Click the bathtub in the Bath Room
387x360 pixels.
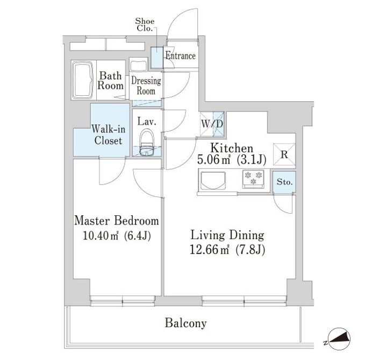click(83, 80)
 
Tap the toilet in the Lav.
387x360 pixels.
click(147, 143)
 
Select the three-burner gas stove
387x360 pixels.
click(253, 179)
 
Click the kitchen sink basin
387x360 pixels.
click(213, 181)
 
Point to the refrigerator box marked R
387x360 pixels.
click(284, 154)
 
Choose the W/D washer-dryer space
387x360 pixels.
click(212, 124)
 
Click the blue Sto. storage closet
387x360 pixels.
click(284, 182)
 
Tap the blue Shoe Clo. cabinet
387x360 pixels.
click(157, 57)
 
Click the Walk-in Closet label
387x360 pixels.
click(109, 135)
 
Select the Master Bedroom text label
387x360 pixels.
click(117, 221)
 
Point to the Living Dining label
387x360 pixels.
click(227, 235)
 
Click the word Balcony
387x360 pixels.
click(185, 323)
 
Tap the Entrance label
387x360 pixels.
click(181, 56)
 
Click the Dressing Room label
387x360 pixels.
click(146, 86)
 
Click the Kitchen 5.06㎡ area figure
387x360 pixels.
click(213, 160)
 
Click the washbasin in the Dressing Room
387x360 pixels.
click(138, 65)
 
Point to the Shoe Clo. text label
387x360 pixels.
click(145, 25)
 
